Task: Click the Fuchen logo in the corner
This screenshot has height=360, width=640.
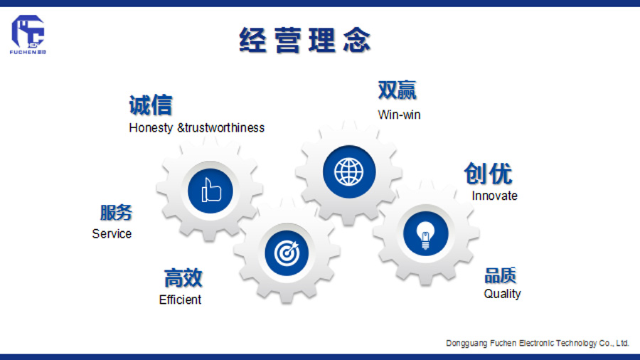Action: coord(28,35)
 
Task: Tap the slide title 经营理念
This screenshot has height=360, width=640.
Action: coord(305,40)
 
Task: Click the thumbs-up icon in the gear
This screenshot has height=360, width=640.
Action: coord(211,190)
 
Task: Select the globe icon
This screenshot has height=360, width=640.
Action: coord(348,172)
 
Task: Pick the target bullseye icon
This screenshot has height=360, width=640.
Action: coord(287,253)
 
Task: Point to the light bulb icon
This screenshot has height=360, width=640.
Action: coord(425,234)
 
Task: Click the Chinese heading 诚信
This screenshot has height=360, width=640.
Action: coord(151,105)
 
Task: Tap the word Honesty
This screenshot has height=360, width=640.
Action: coord(151,128)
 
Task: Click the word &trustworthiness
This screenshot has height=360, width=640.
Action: coord(221,128)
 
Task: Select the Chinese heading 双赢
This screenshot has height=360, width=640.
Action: coord(397,90)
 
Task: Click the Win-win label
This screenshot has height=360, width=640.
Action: coord(399,115)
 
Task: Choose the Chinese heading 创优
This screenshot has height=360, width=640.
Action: coord(488,174)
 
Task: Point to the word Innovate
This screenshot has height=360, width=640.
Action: coord(494,196)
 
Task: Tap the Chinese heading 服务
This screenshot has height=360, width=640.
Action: coord(117,213)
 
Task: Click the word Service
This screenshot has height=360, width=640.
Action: coord(112,234)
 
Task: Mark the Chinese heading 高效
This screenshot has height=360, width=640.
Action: coord(183,278)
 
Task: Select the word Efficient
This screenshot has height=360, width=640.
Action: coord(180,300)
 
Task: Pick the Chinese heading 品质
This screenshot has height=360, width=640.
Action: coord(501,275)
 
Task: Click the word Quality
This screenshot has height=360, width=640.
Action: coord(502,294)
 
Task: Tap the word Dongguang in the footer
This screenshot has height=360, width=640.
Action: coord(466,343)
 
